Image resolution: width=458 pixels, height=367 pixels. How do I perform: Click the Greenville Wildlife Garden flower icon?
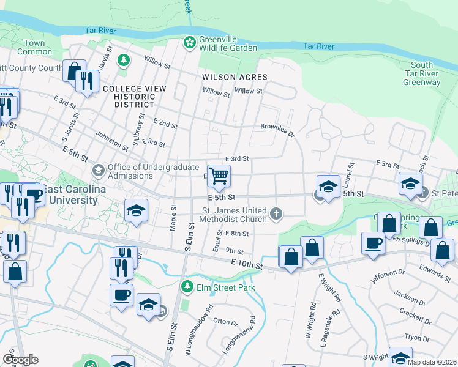pyautogui.click(x=190, y=42)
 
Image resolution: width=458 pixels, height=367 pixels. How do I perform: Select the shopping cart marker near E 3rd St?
pyautogui.click(x=219, y=176)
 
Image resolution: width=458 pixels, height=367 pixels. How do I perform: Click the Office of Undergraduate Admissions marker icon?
pyautogui.click(x=98, y=170)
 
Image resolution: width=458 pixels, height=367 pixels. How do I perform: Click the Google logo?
pyautogui.click(x=20, y=360)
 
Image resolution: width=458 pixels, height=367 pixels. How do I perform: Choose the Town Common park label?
pyautogui.click(x=35, y=48)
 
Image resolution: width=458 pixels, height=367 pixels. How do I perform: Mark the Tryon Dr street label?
pyautogui.click(x=417, y=338)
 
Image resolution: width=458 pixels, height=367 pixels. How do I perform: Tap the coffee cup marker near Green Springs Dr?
pyautogui.click(x=373, y=242)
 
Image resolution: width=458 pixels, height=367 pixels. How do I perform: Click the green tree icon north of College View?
pyautogui.click(x=124, y=60)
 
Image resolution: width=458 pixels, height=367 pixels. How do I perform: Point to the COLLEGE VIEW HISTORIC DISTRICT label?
pyautogui.click(x=135, y=97)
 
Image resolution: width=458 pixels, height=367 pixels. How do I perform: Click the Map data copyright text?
pyautogui.click(x=432, y=362)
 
